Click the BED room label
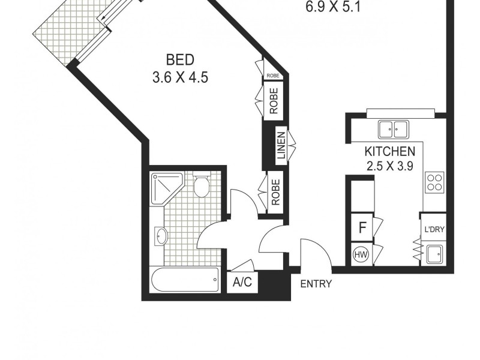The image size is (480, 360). (181, 60)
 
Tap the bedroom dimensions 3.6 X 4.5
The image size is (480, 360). (181, 77)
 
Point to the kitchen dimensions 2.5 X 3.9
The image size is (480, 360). (390, 166)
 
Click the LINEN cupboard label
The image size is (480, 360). (281, 146)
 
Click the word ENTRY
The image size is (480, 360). (316, 284)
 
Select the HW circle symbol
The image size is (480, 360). (361, 255)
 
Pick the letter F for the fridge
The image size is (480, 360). (362, 227)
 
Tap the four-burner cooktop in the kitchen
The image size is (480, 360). (433, 182)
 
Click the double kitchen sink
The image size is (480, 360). (393, 128)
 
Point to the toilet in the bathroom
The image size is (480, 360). (202, 186)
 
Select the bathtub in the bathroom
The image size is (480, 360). (185, 279)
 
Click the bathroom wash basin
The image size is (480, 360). (161, 236)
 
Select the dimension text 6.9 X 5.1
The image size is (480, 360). (333, 8)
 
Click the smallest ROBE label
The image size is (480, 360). (272, 76)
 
